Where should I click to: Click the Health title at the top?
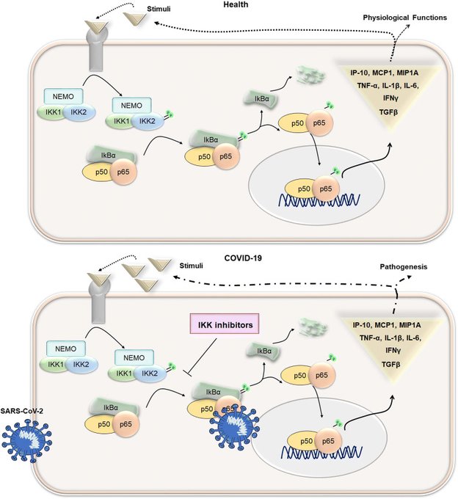233,5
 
